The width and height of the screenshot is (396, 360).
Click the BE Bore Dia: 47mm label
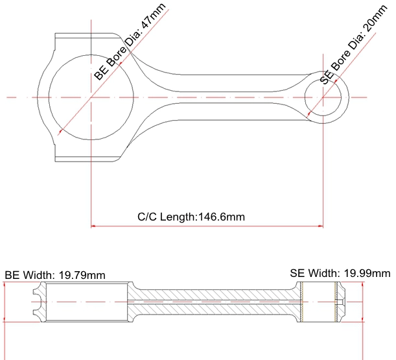130,42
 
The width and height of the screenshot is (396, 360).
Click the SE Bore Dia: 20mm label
353,45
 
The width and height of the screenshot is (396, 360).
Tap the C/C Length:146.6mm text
191,217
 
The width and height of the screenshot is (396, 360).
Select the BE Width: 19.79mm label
55,275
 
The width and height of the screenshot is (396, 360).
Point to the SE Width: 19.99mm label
340,273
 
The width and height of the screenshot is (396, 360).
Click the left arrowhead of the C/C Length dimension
93,226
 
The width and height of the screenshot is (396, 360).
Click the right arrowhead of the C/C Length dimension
321,226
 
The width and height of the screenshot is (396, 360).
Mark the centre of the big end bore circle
91,97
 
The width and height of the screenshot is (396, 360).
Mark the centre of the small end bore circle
323,97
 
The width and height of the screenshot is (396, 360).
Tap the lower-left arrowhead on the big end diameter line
61,131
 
